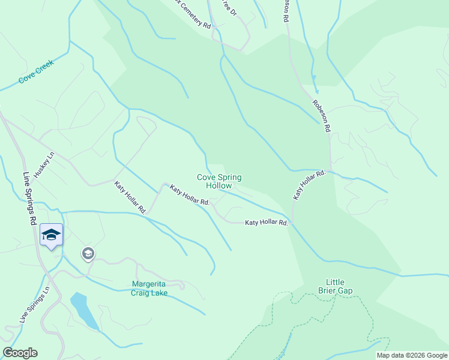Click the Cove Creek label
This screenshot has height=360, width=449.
point(36,71)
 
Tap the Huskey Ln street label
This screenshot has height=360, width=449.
point(44,164)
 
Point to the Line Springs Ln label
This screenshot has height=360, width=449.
point(34,305)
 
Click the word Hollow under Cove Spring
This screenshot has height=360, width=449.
point(219,186)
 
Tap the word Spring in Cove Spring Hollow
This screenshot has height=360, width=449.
point(229,178)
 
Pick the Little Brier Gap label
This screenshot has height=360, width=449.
point(339,286)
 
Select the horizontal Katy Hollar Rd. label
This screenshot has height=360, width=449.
point(267,223)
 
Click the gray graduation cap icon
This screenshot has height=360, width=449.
point(88,254)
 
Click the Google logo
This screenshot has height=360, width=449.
point(20,353)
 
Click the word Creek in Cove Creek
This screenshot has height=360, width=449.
point(44,67)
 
